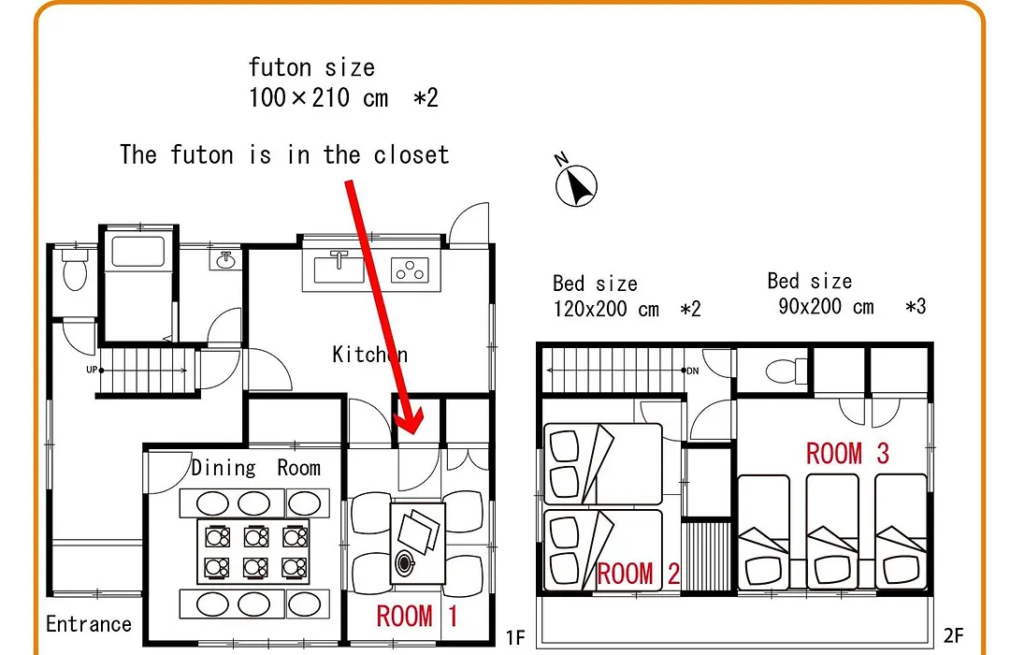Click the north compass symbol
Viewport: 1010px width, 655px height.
click(x=576, y=185)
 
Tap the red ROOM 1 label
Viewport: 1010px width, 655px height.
click(x=417, y=617)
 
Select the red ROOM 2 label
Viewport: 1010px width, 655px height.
click(x=639, y=573)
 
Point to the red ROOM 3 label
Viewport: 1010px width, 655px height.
click(x=847, y=453)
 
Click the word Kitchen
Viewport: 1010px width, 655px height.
click(x=369, y=354)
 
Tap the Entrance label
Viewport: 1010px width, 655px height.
click(x=89, y=624)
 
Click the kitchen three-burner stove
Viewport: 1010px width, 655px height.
click(x=410, y=270)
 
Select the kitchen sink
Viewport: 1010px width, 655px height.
click(x=339, y=268)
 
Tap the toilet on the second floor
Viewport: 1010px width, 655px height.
click(x=786, y=371)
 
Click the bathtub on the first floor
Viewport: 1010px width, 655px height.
click(x=137, y=251)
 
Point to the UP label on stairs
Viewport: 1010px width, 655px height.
click(x=92, y=370)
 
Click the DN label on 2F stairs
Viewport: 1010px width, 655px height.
click(x=692, y=371)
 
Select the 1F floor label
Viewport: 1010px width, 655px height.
click(x=515, y=637)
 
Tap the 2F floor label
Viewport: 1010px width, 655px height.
click(x=953, y=635)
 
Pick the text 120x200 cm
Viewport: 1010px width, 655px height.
click(x=606, y=309)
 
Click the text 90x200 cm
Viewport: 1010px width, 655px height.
click(x=826, y=306)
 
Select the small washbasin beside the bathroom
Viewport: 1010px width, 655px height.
click(x=224, y=260)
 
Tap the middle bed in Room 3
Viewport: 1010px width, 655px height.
click(x=831, y=531)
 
